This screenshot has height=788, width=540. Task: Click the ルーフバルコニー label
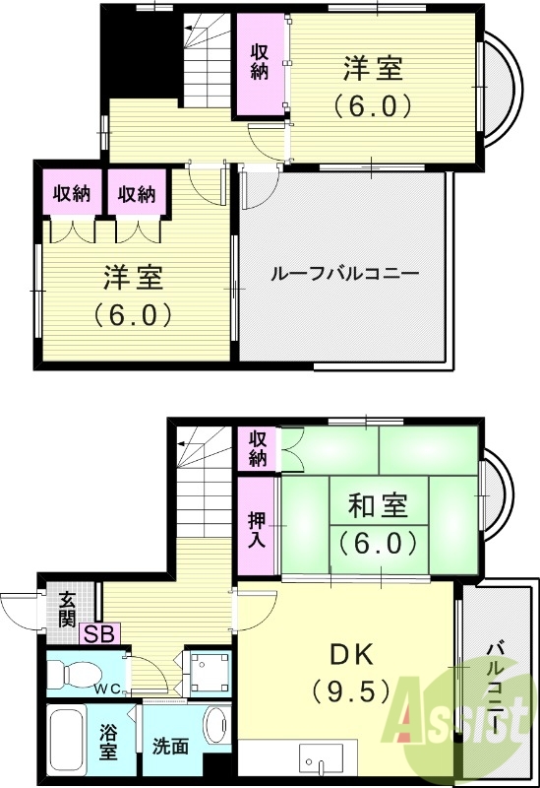tap(344, 273)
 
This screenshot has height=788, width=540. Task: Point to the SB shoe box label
tap(96, 633)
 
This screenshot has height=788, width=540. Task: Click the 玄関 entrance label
tap(66, 607)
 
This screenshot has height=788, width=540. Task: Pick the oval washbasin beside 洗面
tap(214, 727)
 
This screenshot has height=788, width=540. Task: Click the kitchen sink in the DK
tap(321, 762)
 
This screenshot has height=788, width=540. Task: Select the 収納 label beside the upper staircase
tap(260, 61)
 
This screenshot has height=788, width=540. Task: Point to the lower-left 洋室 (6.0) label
tap(134, 295)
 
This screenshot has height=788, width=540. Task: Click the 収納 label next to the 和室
tap(257, 449)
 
